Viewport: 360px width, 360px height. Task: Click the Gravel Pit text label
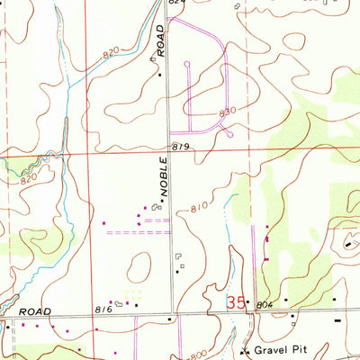[281, 349]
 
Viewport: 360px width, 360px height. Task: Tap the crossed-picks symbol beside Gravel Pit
[246, 348]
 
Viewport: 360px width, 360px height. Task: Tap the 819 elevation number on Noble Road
[180, 147]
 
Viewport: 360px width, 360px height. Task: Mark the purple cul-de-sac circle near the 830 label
[231, 135]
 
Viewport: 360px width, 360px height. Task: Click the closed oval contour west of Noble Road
[139, 266]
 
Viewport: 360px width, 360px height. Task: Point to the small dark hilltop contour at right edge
[348, 241]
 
